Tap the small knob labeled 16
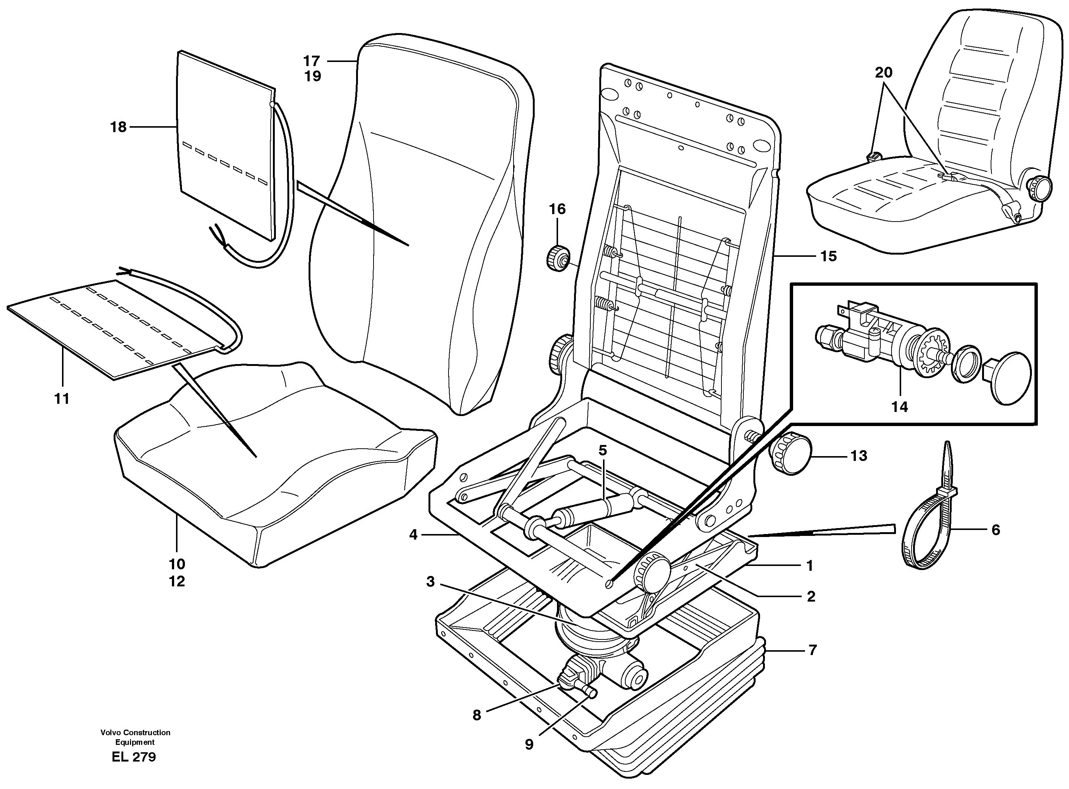(557, 258)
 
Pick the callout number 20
(884, 73)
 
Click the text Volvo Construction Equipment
(135, 737)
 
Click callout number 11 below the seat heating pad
(62, 398)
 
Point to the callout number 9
(529, 744)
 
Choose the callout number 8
(476, 715)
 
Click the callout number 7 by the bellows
(813, 650)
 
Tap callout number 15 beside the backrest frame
(829, 256)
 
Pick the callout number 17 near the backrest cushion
(312, 60)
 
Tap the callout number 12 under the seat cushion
(177, 581)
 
